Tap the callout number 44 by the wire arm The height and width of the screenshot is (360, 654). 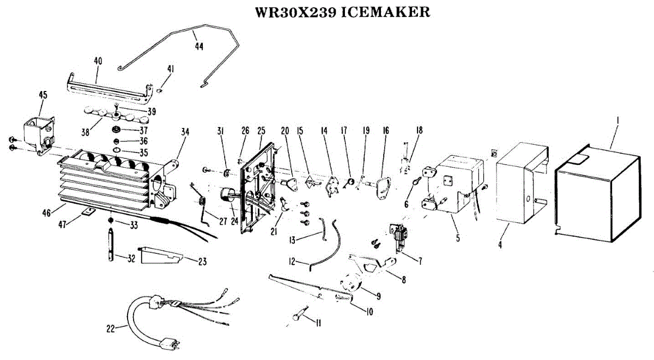click(198, 47)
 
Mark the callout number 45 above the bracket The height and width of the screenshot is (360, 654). click(43, 95)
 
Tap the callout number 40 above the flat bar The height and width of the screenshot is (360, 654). click(98, 61)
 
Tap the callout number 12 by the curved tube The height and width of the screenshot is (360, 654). click(292, 262)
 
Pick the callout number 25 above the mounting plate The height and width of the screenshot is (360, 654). click(261, 131)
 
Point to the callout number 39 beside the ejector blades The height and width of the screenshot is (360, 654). click(151, 111)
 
